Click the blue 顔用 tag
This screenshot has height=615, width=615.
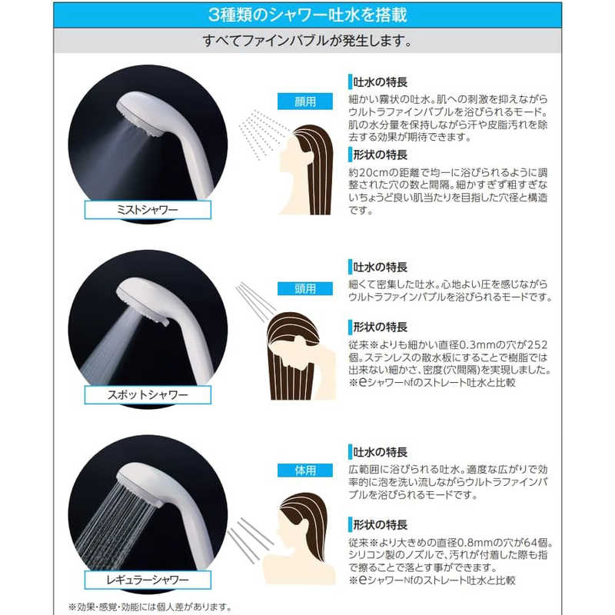pyautogui.click(x=305, y=101)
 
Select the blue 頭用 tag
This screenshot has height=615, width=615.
pyautogui.click(x=305, y=289)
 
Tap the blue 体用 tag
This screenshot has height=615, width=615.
pyautogui.click(x=305, y=470)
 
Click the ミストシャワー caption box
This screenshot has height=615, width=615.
pyautogui.click(x=148, y=210)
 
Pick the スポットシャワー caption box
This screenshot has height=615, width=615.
pyautogui.click(x=148, y=394)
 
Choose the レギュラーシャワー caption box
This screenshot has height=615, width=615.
pyautogui.click(x=148, y=580)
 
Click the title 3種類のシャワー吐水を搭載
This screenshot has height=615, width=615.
pyautogui.click(x=307, y=15)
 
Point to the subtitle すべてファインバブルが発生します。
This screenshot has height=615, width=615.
pyautogui.click(x=307, y=41)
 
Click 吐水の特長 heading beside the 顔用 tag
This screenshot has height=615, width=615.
pyautogui.click(x=380, y=82)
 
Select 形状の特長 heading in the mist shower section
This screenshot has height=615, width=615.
pyautogui.click(x=380, y=155)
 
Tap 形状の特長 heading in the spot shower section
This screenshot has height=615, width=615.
pyautogui.click(x=380, y=327)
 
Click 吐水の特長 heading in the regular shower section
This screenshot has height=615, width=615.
pyautogui.click(x=380, y=452)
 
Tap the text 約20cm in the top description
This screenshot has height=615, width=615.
pyautogui.click(x=368, y=172)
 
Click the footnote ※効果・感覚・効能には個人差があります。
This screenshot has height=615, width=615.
pyautogui.click(x=150, y=607)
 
